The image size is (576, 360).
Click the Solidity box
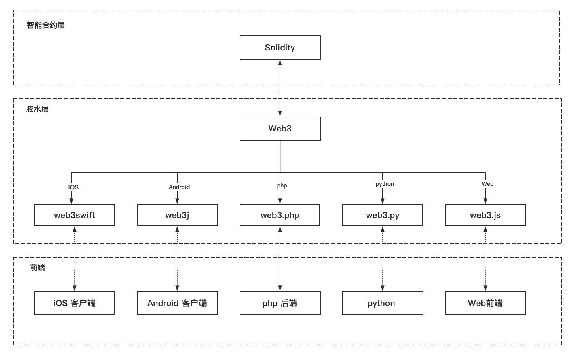tap(280, 48)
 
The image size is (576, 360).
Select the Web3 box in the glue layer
tap(280, 129)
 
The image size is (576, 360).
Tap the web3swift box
tap(75, 215)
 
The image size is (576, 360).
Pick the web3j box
tap(177, 215)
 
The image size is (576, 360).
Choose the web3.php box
tap(280, 215)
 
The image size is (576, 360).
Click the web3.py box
tap(383, 215)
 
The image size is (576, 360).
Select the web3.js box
tap(485, 215)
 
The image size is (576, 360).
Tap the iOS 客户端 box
tap(75, 303)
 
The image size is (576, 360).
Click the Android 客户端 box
tap(177, 303)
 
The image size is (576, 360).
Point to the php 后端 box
tap(280, 303)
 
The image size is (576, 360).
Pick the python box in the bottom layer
tap(383, 303)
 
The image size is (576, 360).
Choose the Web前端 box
tap(485, 303)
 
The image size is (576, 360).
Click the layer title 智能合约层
tap(46, 25)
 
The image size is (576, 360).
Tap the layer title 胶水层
tap(37, 109)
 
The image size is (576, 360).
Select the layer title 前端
tap(37, 267)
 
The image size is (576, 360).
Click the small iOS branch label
tap(73, 187)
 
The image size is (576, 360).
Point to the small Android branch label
tap(179, 187)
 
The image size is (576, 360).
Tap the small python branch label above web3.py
tap(385, 184)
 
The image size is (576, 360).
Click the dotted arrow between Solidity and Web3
tap(280, 88)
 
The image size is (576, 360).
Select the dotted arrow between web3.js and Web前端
tap(485, 258)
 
